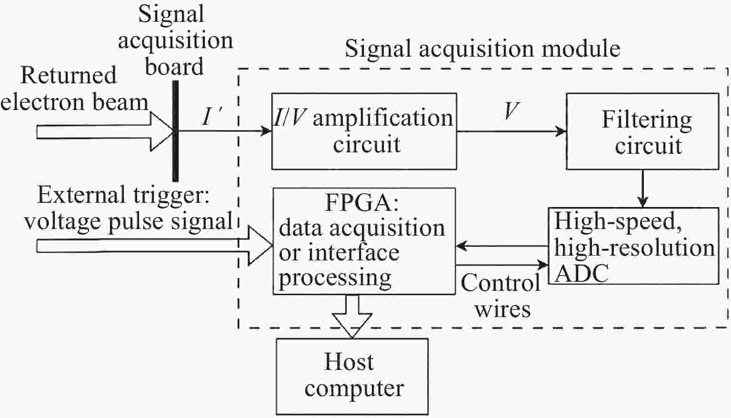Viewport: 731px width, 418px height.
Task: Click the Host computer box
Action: (x=352, y=376)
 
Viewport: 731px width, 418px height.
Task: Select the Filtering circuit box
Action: (x=642, y=131)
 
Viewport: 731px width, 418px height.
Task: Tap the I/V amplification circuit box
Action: (x=364, y=131)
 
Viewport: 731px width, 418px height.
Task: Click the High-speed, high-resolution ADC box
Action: (x=633, y=246)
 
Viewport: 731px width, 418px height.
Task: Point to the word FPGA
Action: (x=361, y=203)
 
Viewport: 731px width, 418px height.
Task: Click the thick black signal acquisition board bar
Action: (x=176, y=131)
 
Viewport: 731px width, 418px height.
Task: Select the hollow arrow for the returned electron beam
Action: (x=105, y=131)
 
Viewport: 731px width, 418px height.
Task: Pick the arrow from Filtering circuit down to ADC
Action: (x=642, y=189)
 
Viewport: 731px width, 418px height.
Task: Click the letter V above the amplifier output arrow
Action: (x=511, y=111)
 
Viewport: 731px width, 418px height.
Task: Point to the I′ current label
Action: (x=210, y=116)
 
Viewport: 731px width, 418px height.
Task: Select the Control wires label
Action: (x=501, y=296)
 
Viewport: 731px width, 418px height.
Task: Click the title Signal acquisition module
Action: (x=482, y=49)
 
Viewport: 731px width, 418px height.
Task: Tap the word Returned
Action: (x=69, y=75)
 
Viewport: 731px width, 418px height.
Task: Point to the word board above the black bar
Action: (x=174, y=67)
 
